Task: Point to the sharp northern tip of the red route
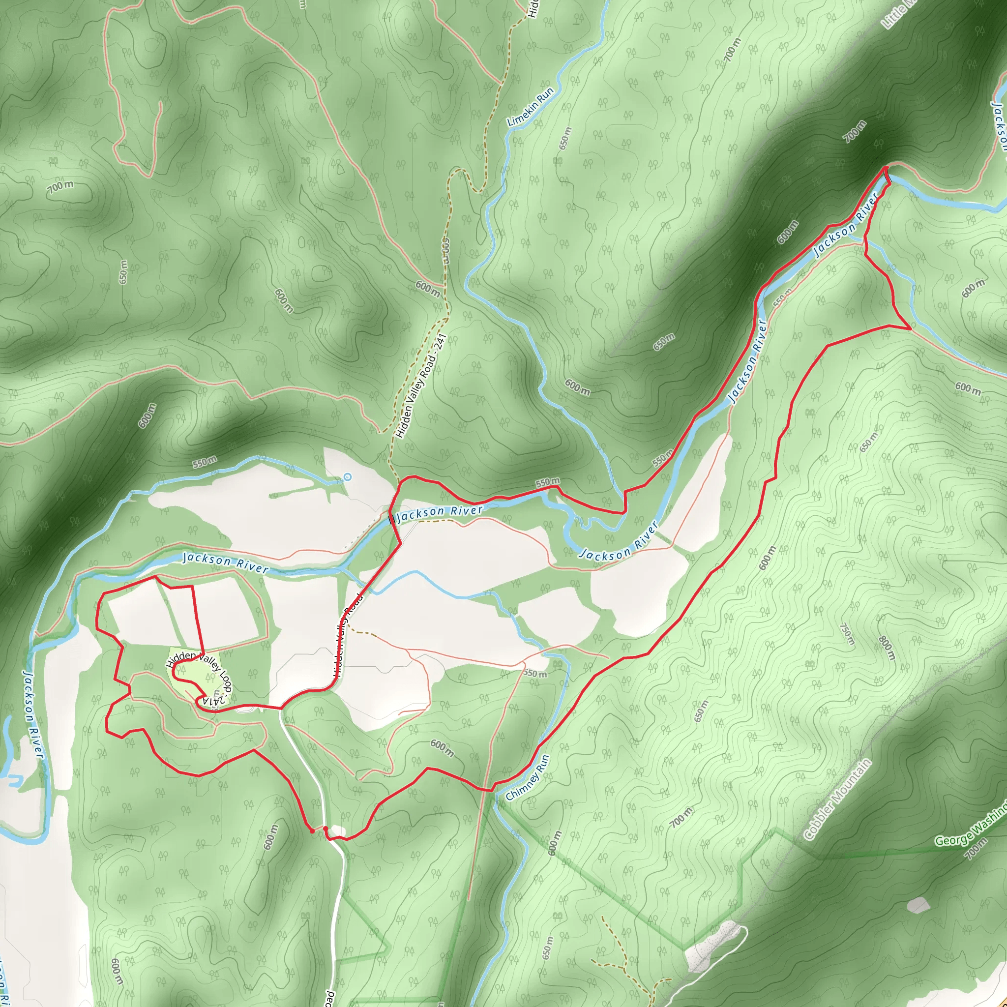point(886,167)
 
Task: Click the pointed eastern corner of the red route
point(910,328)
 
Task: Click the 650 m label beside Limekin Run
point(566,138)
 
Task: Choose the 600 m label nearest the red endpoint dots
point(271,837)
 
